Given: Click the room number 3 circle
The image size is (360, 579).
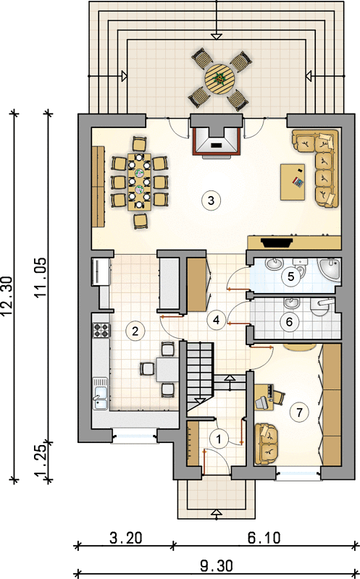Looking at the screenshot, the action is click(x=211, y=200).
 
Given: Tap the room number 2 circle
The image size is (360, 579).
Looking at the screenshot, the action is click(x=135, y=331).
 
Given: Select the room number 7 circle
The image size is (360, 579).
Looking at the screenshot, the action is click(x=299, y=412).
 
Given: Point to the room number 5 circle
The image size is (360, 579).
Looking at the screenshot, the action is click(x=290, y=276).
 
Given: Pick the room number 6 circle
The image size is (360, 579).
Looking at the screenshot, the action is click(x=289, y=321).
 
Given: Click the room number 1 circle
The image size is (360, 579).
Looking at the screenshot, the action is click(x=219, y=439).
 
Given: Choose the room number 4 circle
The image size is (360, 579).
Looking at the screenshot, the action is click(x=217, y=319).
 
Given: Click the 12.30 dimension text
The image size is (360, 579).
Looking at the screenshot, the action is click(x=7, y=296).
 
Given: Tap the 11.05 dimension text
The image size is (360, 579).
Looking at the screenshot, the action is click(x=41, y=277).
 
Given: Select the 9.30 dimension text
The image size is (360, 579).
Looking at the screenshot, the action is click(x=217, y=566).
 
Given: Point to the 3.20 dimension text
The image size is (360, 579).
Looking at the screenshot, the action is click(x=125, y=538).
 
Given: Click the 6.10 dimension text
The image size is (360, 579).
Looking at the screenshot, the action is click(x=264, y=538).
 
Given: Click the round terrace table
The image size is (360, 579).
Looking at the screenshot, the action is click(x=220, y=79).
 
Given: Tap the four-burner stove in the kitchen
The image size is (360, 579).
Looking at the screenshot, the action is click(x=101, y=330).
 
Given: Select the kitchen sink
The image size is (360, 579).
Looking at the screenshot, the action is click(x=100, y=393).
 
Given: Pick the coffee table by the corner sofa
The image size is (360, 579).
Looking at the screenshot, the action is click(x=293, y=182).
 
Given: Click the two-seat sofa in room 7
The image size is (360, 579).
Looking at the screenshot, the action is click(x=266, y=444).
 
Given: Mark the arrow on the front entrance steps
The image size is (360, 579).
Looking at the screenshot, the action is click(x=217, y=513).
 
